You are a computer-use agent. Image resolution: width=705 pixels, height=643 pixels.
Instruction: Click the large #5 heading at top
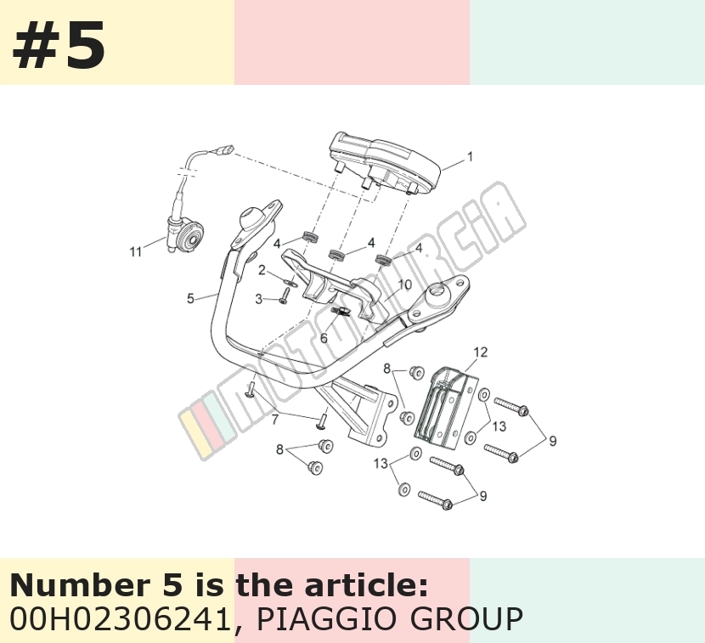pyautogui.click(x=59, y=44)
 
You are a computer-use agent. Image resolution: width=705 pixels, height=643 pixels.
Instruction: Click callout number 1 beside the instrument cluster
pyautogui.click(x=471, y=157)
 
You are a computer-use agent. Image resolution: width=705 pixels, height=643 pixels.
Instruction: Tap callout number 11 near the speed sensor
pyautogui.click(x=136, y=251)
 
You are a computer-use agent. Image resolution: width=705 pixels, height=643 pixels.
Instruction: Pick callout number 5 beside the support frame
pyautogui.click(x=190, y=298)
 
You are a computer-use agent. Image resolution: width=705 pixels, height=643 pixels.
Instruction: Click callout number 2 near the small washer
pyautogui.click(x=262, y=270)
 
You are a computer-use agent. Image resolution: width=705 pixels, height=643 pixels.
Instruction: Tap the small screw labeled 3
pyautogui.click(x=285, y=296)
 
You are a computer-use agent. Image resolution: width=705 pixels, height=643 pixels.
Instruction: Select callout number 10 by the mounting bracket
pyautogui.click(x=404, y=285)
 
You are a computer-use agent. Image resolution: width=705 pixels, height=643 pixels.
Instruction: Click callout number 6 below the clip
pyautogui.click(x=324, y=337)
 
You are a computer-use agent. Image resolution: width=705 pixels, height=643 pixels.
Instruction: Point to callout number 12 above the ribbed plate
pyautogui.click(x=480, y=352)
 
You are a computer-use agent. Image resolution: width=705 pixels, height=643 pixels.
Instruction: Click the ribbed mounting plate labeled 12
pyautogui.click(x=446, y=409)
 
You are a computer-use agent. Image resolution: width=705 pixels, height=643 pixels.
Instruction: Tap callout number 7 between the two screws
pyautogui.click(x=275, y=420)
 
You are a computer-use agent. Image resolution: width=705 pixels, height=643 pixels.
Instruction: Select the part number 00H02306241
pyautogui.click(x=120, y=618)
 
